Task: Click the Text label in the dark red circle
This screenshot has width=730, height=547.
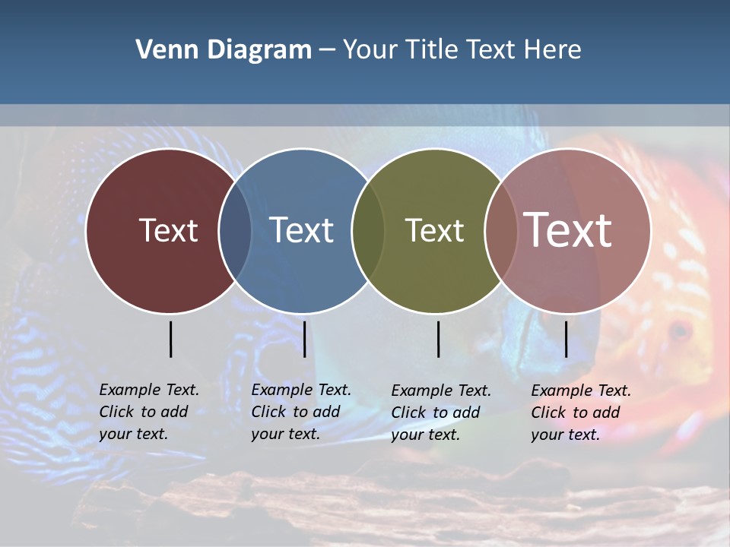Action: pos(168,230)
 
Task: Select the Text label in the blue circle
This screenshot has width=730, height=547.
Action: pos(301,230)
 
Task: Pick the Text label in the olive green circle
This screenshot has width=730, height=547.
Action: pos(434,230)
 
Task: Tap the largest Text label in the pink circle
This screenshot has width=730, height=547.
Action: pos(567,230)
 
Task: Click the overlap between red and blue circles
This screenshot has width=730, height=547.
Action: pos(235,231)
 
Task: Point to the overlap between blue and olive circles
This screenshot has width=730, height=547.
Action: pos(368,231)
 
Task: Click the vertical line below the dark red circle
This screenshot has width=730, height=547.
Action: pos(170,339)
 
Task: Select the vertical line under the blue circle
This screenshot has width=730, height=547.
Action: pos(304,339)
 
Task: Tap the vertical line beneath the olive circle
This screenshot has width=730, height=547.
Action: pos(438,339)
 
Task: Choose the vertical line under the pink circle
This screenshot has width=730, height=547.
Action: pos(566,339)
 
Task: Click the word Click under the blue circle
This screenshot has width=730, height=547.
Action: pos(268,412)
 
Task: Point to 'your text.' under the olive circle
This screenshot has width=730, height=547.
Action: pos(425,435)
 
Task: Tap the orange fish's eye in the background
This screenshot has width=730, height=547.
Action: pos(679,330)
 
